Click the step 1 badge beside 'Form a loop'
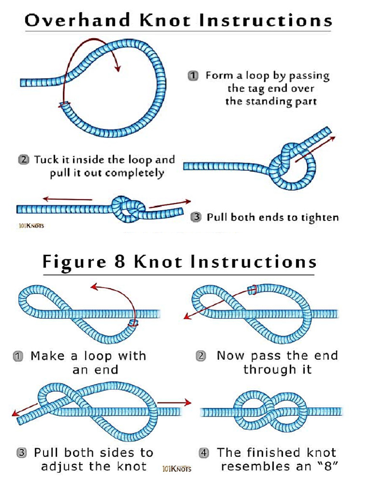tap(193, 76)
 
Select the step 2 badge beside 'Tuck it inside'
tap(23, 160)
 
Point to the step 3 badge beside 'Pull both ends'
tap(196, 218)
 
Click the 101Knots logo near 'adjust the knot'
tap(177, 468)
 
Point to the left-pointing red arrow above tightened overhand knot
tap(67, 199)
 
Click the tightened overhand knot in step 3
tap(128, 209)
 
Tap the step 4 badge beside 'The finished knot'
tap(204, 453)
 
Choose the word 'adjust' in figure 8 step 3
tap(62, 467)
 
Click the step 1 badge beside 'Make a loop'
tap(17, 357)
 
